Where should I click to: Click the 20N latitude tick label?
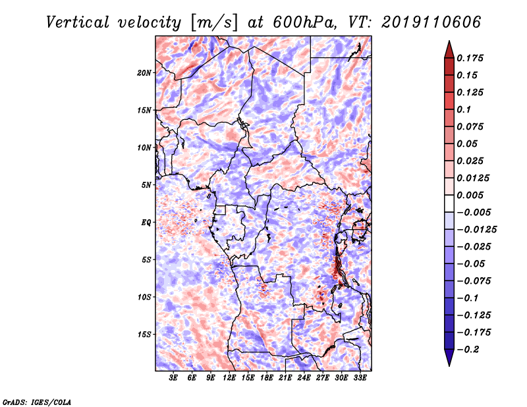[144, 73]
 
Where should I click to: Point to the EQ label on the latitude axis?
[146, 223]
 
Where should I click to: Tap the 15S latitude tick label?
[144, 335]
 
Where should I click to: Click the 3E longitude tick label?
[173, 378]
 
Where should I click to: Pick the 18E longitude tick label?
[267, 378]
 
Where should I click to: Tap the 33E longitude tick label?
[360, 378]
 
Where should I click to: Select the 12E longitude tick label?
[229, 378]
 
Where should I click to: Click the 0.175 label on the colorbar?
[470, 58]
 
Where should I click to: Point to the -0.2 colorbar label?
[468, 350]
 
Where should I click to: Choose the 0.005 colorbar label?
[470, 195]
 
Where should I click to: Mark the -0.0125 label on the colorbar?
[476, 230]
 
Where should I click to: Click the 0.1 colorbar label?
[464, 109]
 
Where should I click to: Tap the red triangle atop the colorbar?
[449, 49]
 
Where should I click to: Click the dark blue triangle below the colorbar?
[449, 358]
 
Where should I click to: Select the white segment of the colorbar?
[449, 203]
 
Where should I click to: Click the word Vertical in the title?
[78, 22]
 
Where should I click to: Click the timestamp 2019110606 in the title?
[431, 22]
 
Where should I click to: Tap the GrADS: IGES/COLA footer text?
[37, 402]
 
